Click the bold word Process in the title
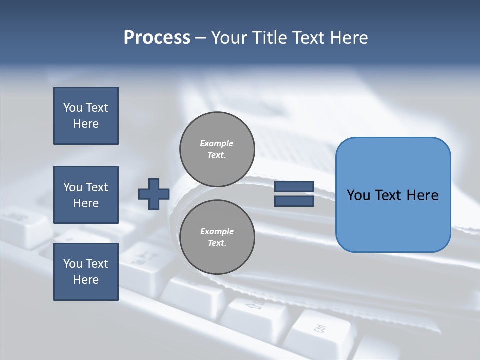[x=157, y=38]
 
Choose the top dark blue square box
[x=86, y=116]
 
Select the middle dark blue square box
[x=86, y=195]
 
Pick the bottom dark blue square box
[x=86, y=272]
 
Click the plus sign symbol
[x=154, y=194]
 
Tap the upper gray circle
[x=217, y=149]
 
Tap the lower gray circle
[x=217, y=237]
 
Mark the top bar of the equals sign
[x=294, y=187]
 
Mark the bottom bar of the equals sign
[x=294, y=201]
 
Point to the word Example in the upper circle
[x=217, y=143]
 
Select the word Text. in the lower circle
[x=217, y=243]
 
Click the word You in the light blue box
[x=358, y=195]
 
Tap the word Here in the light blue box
[x=422, y=195]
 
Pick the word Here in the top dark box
[x=86, y=124]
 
